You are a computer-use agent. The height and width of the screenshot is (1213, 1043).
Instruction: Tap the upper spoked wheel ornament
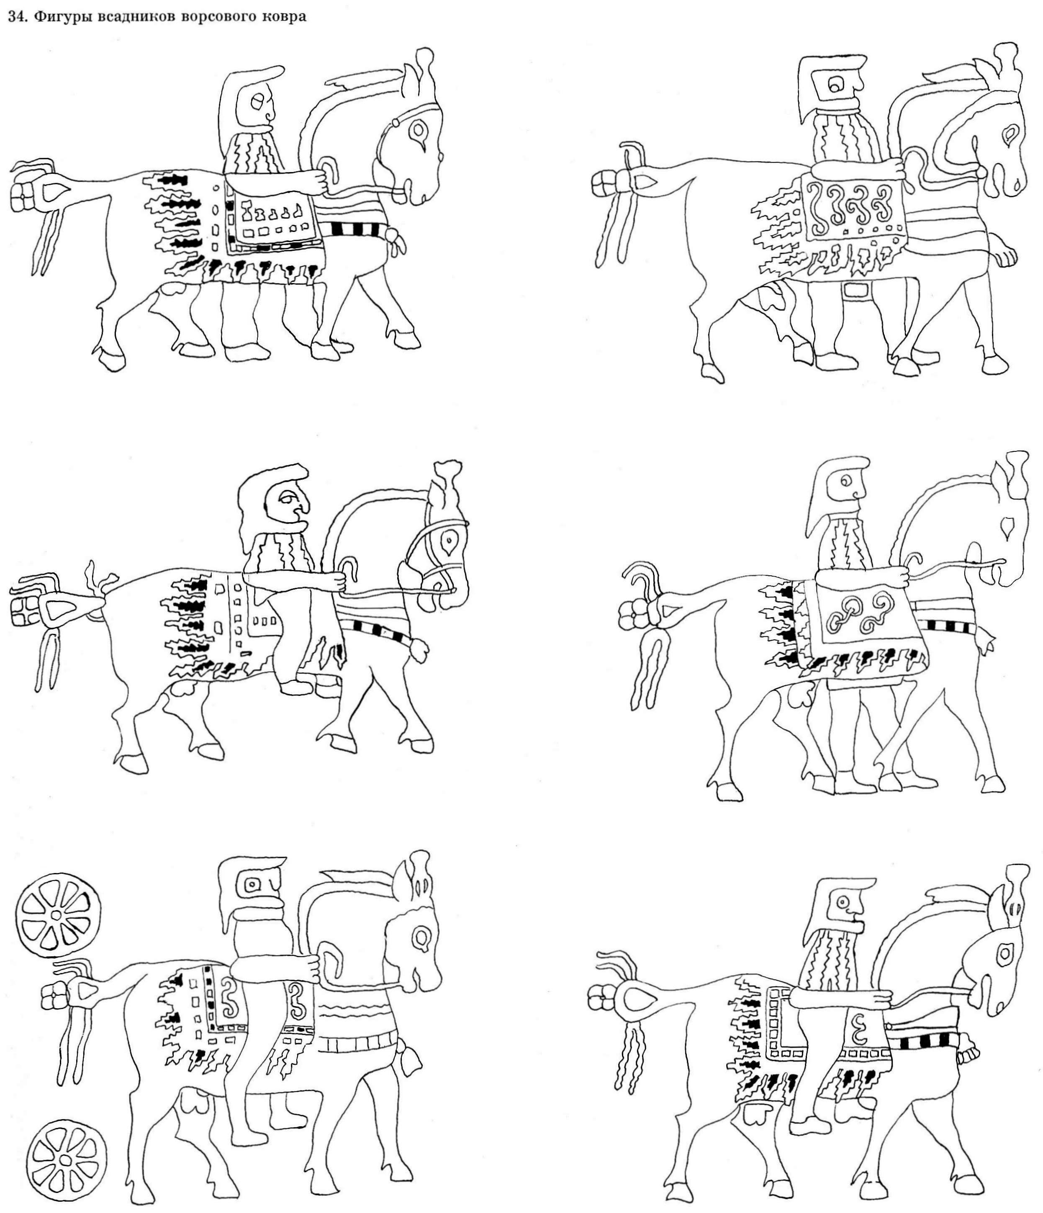57,915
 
